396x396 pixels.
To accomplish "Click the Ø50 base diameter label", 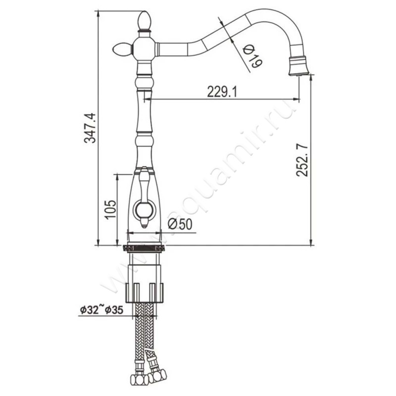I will click(x=180, y=224).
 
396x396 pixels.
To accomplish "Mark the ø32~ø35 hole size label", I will click(x=101, y=310).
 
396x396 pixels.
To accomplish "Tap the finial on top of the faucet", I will click(x=144, y=21).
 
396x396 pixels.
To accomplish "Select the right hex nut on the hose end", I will click(x=156, y=375).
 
